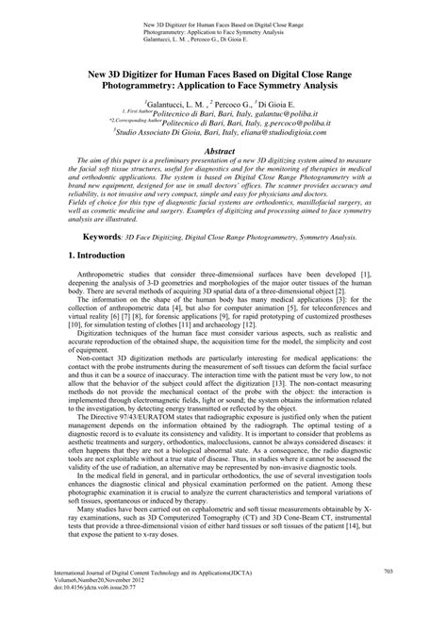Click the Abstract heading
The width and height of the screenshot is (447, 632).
click(223, 150)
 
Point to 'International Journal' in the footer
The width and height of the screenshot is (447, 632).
click(90, 597)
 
